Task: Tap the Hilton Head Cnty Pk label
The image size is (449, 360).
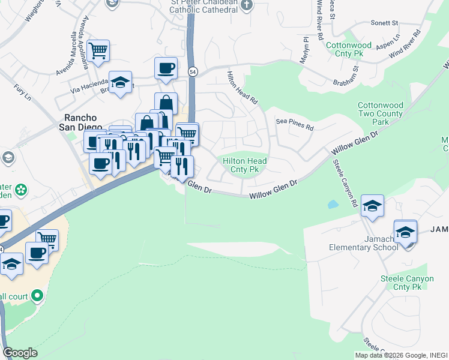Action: [x=245, y=165]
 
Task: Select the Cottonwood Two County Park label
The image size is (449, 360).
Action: [x=381, y=113]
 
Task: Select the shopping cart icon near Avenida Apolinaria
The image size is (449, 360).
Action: [x=98, y=50]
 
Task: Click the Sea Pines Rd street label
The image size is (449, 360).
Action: [x=295, y=128]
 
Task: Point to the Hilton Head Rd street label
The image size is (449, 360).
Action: [x=242, y=88]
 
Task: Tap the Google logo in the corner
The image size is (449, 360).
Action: [x=20, y=353]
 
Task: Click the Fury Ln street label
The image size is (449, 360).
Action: [x=22, y=92]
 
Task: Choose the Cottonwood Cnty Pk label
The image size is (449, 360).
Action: [x=357, y=49]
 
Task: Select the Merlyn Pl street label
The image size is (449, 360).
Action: [x=305, y=50]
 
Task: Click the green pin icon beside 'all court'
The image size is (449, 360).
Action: [x=37, y=295]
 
